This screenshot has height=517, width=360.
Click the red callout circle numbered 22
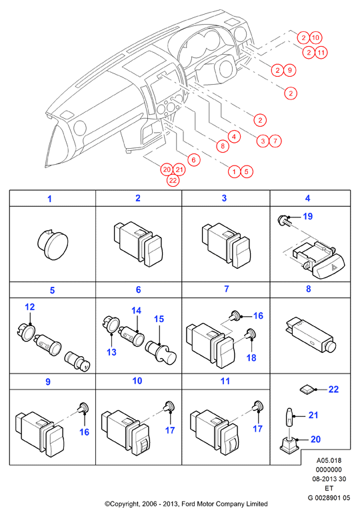pos(173,180)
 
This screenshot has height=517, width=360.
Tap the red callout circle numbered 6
pos(194,160)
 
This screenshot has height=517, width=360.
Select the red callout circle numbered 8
pos(223,145)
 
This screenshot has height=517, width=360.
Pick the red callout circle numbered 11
pos(321,53)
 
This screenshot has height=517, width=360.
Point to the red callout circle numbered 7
pos(275,141)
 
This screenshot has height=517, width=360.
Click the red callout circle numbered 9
pos(290,70)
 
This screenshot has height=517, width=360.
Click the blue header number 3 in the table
pos(224,198)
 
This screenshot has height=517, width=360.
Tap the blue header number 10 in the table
pos(137,381)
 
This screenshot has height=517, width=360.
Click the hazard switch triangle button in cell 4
pos(332,268)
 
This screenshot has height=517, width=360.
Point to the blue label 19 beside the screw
pos(307,217)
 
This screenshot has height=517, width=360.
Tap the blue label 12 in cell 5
pos(29,307)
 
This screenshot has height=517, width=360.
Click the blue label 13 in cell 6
pos(111,352)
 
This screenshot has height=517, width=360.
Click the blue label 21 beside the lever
pos(313,415)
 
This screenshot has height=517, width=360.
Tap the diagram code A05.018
pos(329,460)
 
